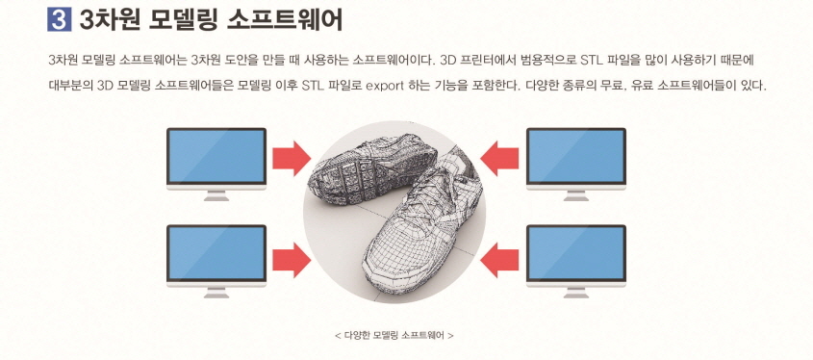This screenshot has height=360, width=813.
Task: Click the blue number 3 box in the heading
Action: [61, 18]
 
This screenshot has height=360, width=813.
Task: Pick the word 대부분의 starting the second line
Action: [70, 86]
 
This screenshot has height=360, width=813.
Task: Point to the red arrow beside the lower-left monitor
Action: [292, 256]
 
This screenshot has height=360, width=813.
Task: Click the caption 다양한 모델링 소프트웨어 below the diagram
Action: [394, 336]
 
